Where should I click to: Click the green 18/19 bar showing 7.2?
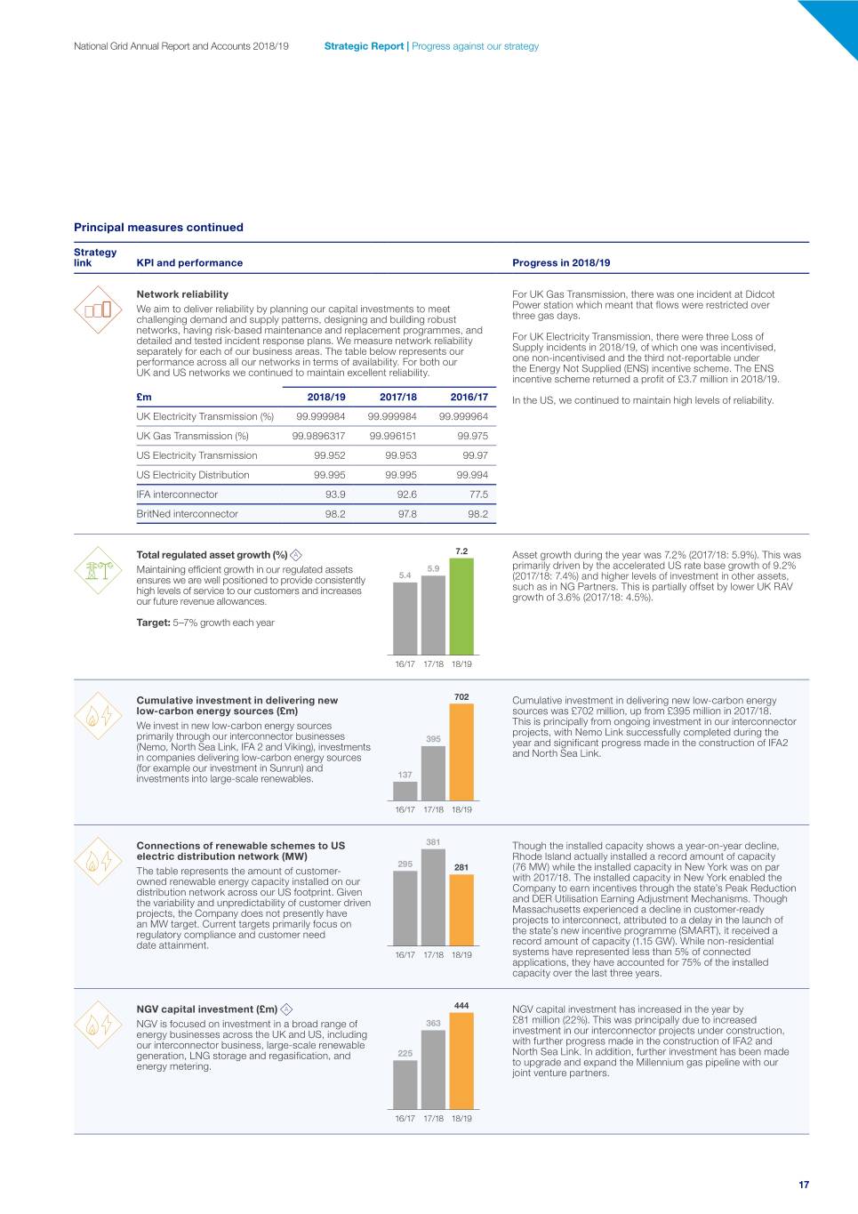461,607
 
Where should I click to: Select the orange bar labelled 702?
461,752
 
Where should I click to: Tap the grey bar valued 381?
433,897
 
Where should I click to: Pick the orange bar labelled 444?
461,1061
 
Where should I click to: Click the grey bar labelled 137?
405,791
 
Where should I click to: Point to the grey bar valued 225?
405,1084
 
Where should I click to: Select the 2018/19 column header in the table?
326,398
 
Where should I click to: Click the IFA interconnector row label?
177,494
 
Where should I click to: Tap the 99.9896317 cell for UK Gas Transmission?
318,436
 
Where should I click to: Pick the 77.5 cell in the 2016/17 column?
478,494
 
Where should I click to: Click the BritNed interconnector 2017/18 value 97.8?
407,514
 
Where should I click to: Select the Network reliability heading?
182,294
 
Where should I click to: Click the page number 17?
804,1185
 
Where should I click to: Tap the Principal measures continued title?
158,228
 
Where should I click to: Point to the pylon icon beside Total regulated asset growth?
98,570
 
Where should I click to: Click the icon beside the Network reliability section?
98,310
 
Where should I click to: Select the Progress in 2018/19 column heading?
561,263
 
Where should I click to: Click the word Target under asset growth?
152,623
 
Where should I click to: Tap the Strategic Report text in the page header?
364,46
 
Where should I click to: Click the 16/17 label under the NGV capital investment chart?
405,1119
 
